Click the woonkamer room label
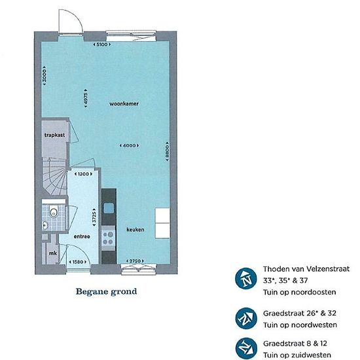pos(124,104)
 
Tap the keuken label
pos(135,229)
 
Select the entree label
pos(82,236)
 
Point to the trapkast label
pos(54,135)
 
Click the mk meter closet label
pos(53,253)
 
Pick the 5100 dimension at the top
pos(101,45)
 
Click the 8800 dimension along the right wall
pos(168,151)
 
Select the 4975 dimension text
pos(86,98)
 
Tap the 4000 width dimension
pos(129,145)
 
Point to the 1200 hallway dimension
pos(83,174)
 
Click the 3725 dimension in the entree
pos(94,217)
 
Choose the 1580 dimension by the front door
pos(78,262)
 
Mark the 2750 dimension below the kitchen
pos(135,261)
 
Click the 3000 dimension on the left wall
pos(45,76)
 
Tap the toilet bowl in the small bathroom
pos(54,212)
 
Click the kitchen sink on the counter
pos(109,208)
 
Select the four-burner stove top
pos(108,238)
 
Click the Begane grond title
pos(106,291)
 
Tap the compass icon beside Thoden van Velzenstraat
pos(246,278)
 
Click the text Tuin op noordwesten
pos(300,325)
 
